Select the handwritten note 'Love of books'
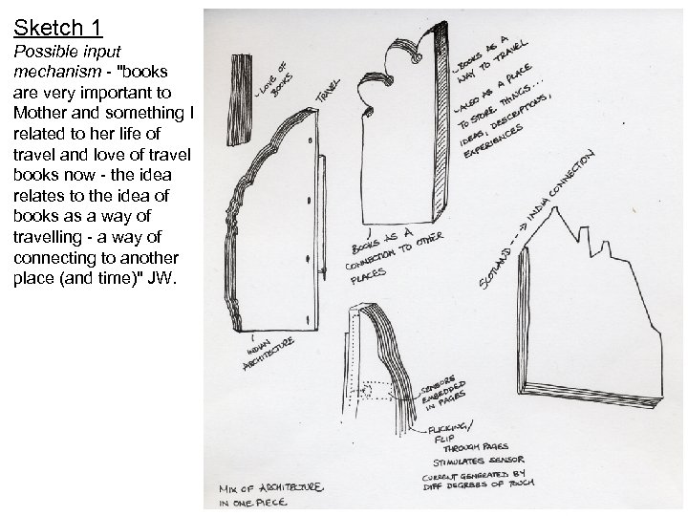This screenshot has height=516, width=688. click(273, 80)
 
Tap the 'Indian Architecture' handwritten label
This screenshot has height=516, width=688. click(268, 351)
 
